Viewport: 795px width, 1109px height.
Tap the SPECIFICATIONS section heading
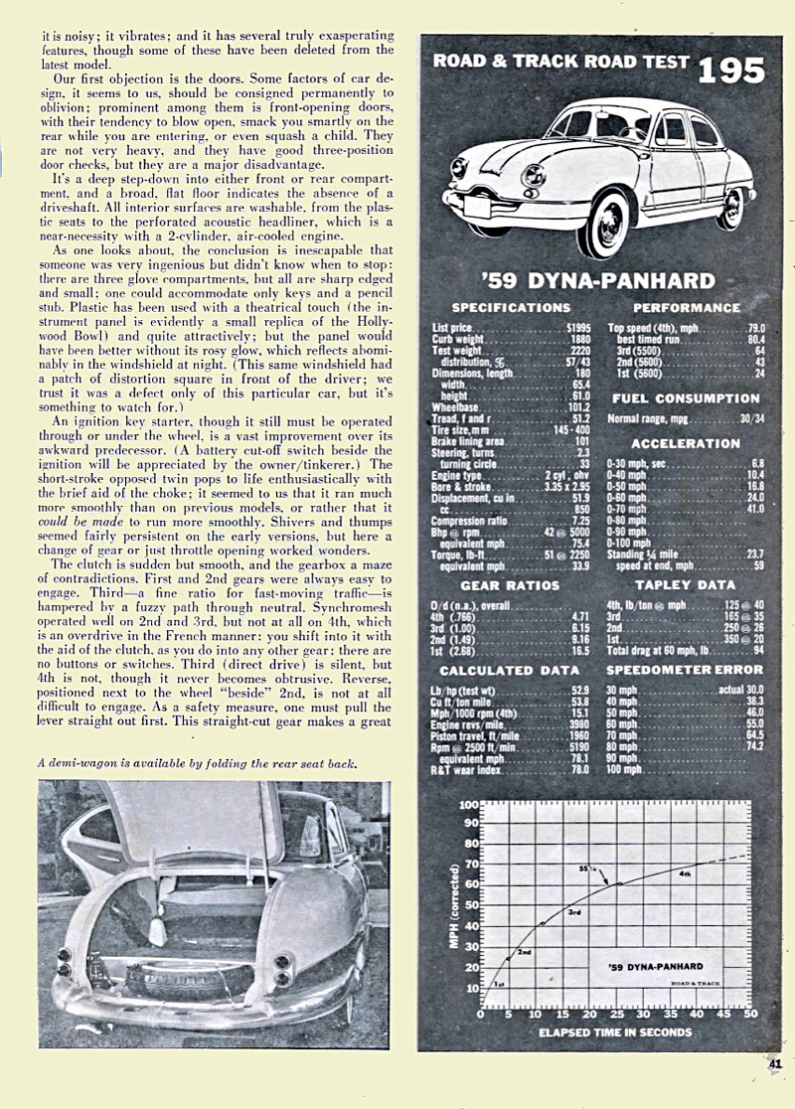[x=511, y=308]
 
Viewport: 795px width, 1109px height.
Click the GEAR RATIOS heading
[x=510, y=585]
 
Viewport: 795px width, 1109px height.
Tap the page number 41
[x=775, y=1063]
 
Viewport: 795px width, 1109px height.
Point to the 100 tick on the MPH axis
[x=468, y=804]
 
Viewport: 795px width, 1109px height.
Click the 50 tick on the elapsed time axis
[x=751, y=1015]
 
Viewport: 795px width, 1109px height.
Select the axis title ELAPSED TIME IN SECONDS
[x=614, y=1032]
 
